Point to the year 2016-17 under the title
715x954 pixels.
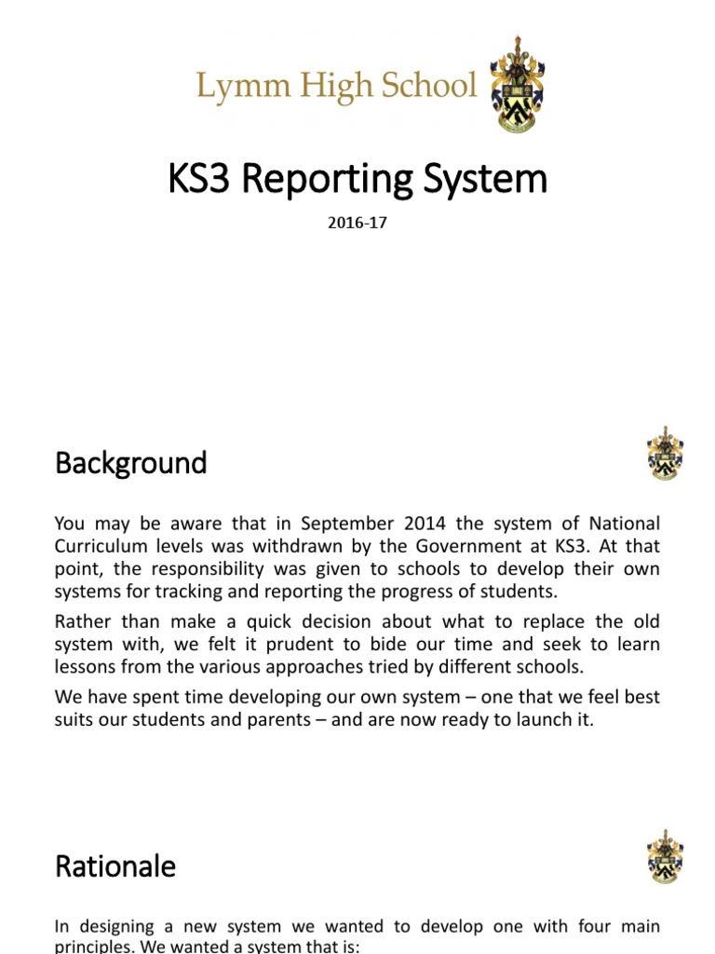(357, 224)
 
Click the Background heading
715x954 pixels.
(130, 463)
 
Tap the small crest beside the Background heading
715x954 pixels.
(665, 454)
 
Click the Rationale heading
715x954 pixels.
(115, 866)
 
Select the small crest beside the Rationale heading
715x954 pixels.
(665, 857)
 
